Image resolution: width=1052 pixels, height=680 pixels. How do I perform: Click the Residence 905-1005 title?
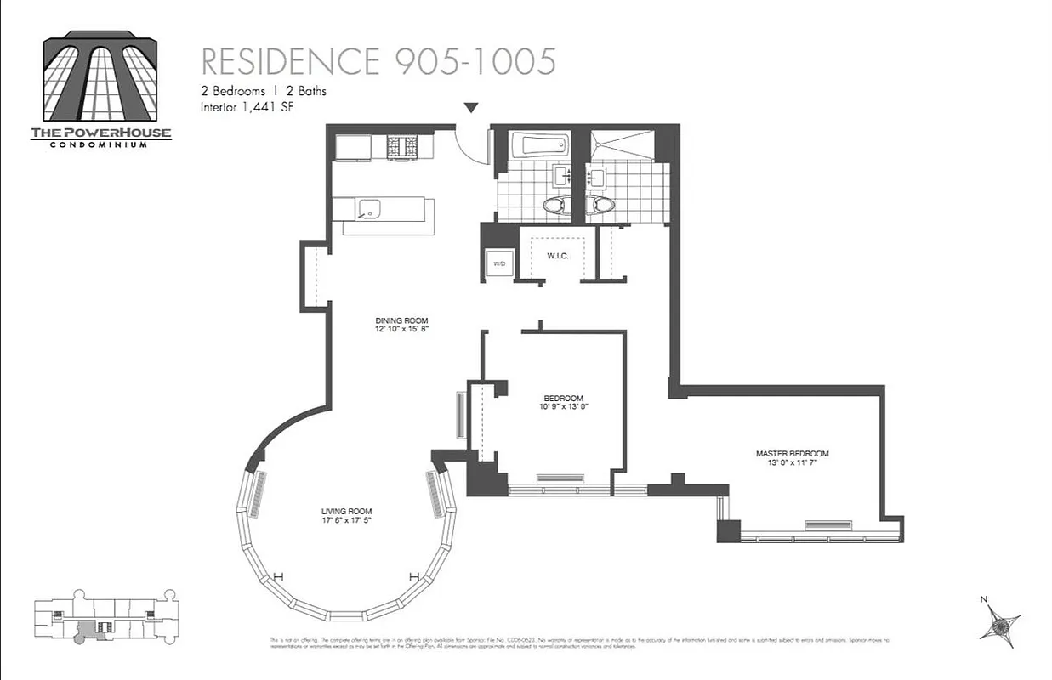(x=378, y=61)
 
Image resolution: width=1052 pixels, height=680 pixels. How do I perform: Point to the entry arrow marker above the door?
(x=470, y=107)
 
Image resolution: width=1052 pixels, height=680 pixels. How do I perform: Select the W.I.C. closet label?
(x=557, y=256)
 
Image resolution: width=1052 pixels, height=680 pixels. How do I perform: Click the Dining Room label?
(x=395, y=320)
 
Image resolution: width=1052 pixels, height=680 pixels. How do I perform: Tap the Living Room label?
(x=346, y=511)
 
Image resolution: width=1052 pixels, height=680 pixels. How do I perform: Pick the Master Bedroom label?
(x=792, y=454)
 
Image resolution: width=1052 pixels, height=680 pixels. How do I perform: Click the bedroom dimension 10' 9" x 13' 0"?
(x=563, y=406)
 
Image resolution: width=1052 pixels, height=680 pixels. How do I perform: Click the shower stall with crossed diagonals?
(x=623, y=144)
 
